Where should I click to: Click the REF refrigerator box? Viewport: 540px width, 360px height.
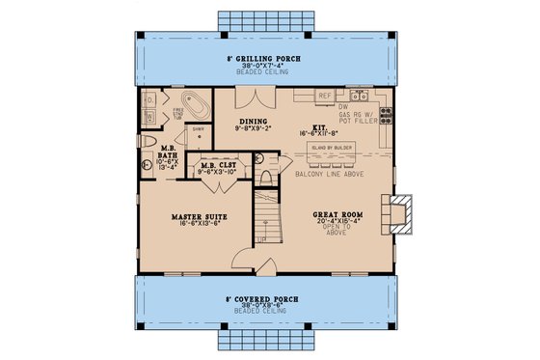pos(325,96)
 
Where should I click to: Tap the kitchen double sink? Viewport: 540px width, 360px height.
pos(359,96)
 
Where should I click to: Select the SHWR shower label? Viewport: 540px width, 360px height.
pos(196,129)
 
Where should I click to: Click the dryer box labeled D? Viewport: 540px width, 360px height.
pos(149,99)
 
